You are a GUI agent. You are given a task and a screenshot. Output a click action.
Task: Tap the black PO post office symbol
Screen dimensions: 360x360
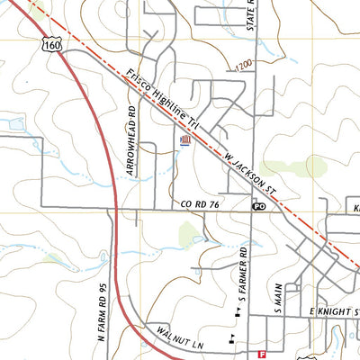(258, 206)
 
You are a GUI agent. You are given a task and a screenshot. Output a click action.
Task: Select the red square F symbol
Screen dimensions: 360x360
(262, 355)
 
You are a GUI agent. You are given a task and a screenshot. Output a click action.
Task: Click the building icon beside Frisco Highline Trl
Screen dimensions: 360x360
(185, 140)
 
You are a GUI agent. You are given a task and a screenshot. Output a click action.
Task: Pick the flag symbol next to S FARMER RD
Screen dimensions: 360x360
(238, 313)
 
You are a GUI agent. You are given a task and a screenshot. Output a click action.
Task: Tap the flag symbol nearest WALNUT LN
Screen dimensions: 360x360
(232, 338)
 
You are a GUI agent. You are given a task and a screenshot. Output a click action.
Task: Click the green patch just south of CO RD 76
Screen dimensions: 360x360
(190, 237)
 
